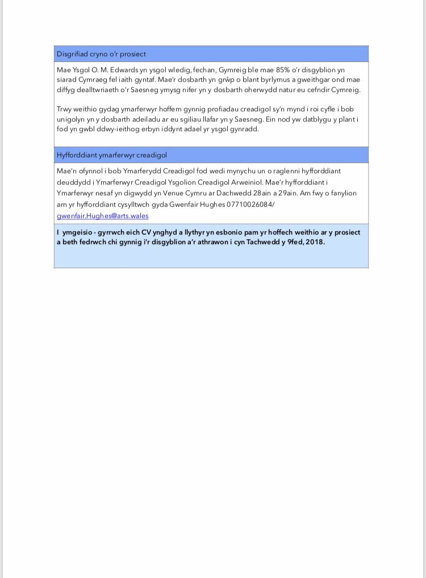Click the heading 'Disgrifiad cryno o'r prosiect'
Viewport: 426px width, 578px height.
coord(101,54)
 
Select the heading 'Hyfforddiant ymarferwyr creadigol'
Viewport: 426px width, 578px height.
coord(111,155)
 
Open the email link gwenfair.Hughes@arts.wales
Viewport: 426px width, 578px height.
coord(102,216)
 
